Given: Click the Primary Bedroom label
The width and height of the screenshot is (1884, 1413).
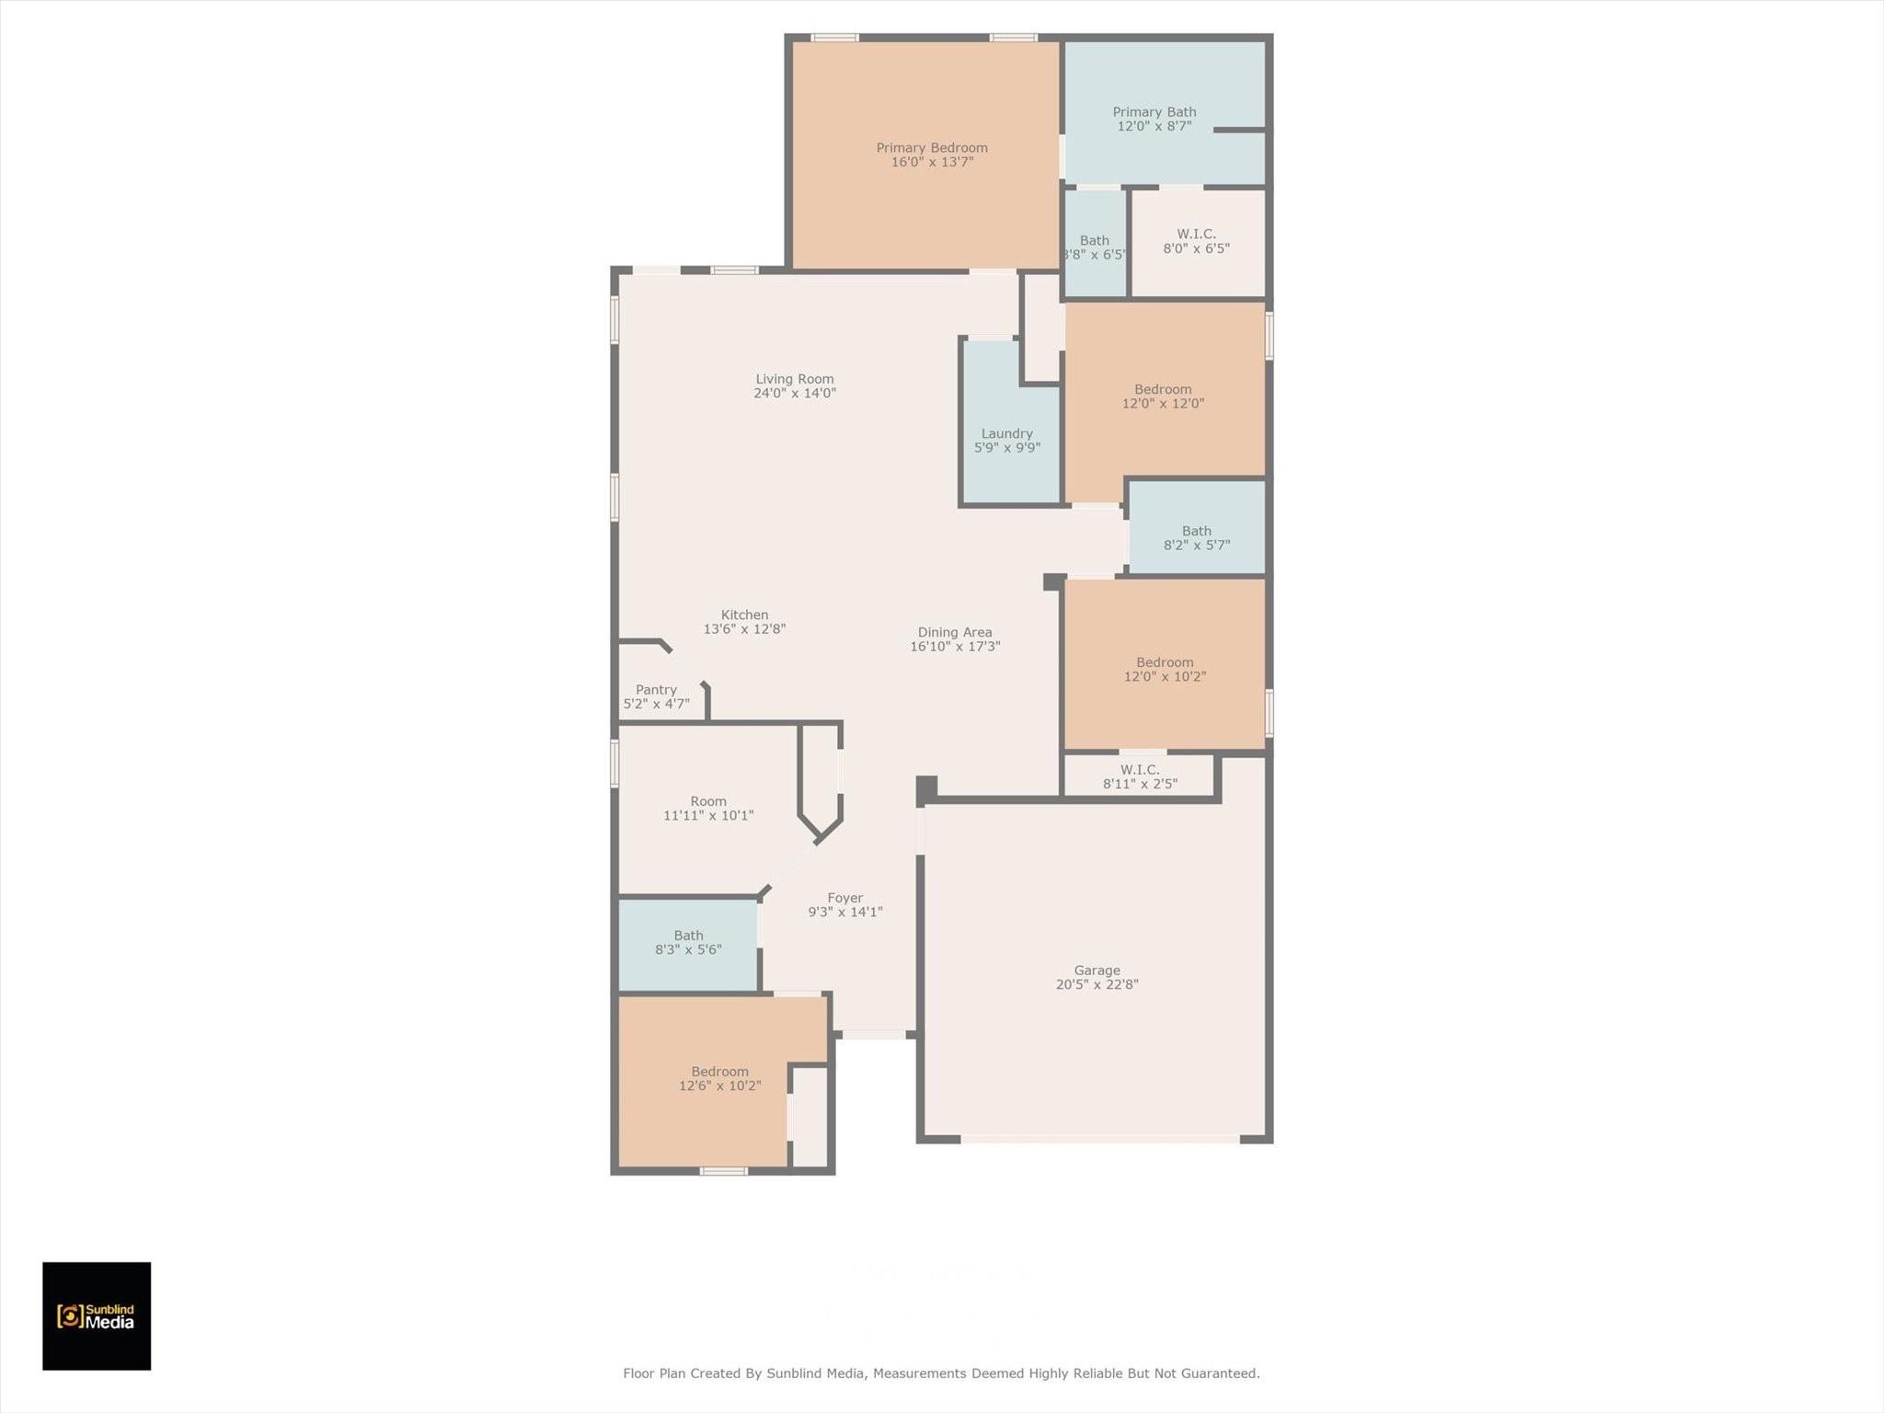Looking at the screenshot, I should point(931,148).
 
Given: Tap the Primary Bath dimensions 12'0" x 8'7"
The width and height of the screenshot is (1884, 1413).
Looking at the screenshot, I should point(1154,126).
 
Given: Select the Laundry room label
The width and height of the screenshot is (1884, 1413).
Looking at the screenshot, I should point(1006,433).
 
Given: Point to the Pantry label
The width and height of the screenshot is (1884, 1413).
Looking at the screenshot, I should point(656,690).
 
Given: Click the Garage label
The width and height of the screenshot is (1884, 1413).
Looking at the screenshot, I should point(1097,971).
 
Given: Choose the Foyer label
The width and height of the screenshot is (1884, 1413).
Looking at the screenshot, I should point(844,898).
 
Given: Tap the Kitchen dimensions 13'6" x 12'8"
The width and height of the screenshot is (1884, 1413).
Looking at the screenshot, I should point(744,629).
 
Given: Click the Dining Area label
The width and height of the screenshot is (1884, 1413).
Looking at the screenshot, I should point(955,632).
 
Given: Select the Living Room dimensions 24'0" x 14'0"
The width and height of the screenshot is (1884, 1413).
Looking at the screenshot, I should point(795,393).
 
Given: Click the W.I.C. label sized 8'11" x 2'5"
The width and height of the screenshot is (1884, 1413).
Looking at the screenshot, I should point(1139,770).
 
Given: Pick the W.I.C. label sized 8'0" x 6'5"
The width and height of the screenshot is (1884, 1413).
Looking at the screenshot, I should point(1196,235).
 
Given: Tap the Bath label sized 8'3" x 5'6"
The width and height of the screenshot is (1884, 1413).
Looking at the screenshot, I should point(688,936).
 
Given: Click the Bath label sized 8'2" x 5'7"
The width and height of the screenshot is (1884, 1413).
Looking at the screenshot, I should point(1196,531).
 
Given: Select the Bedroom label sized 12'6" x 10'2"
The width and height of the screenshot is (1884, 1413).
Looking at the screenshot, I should point(719,1072).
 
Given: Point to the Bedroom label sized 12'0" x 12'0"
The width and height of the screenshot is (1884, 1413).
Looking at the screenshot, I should point(1163,389).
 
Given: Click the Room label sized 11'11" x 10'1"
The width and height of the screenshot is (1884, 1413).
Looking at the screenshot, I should point(708,801).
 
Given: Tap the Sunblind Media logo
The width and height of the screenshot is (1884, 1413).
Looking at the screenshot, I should point(97,1316).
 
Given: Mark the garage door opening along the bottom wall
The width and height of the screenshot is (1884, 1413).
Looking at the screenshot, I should point(1100,1139).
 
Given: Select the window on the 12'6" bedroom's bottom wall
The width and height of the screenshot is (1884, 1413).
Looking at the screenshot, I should point(723,1171).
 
